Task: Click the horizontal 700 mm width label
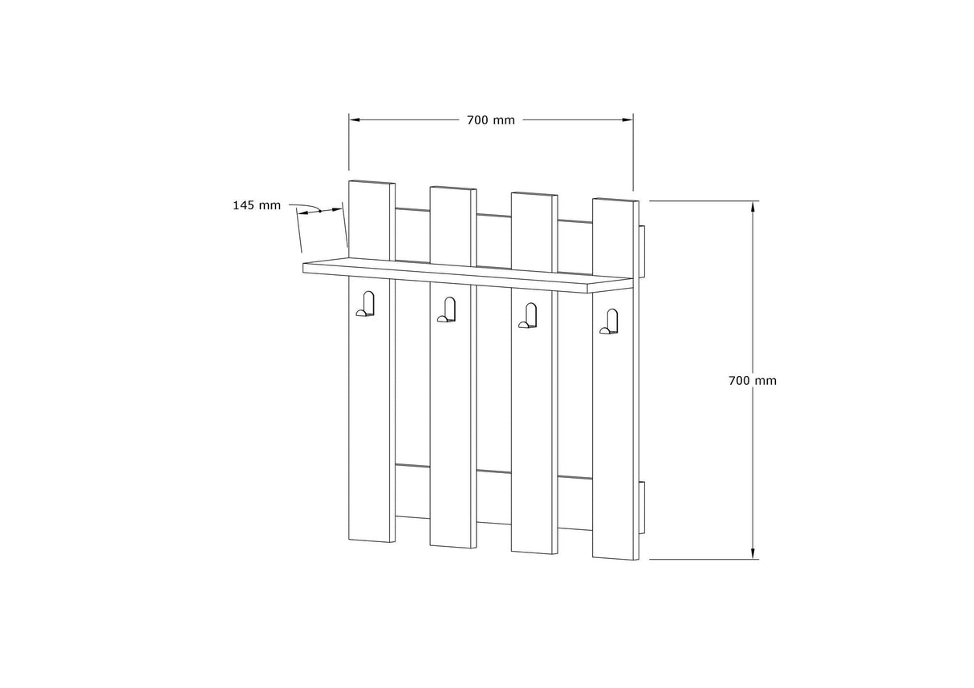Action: click(x=490, y=120)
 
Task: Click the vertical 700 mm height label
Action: click(x=753, y=381)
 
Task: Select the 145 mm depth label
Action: click(x=257, y=205)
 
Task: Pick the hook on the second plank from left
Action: click(x=447, y=310)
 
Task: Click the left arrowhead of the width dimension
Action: click(x=354, y=120)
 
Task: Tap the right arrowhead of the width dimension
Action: click(x=628, y=120)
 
